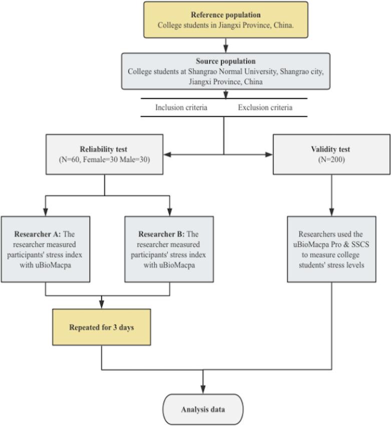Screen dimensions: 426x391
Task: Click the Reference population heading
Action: (225, 15)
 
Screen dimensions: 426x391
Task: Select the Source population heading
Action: (225, 61)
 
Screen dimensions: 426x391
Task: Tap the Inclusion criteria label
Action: (181, 107)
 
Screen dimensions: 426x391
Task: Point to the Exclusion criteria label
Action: (265, 107)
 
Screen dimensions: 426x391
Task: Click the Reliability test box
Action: (104, 154)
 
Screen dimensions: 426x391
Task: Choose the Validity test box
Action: (331, 154)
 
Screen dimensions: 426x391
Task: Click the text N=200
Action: (331, 160)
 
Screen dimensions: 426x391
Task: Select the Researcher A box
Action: (46, 249)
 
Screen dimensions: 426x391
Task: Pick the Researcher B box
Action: (169, 249)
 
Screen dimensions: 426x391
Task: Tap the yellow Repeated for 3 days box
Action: (102, 327)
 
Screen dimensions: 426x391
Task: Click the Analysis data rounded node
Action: (203, 409)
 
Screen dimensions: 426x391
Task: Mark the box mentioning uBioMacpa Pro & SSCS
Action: (331, 249)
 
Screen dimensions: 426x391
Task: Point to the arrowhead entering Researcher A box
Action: (46, 212)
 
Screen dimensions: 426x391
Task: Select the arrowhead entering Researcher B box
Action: (169, 212)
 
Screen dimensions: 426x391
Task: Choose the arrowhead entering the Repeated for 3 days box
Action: (102, 305)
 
